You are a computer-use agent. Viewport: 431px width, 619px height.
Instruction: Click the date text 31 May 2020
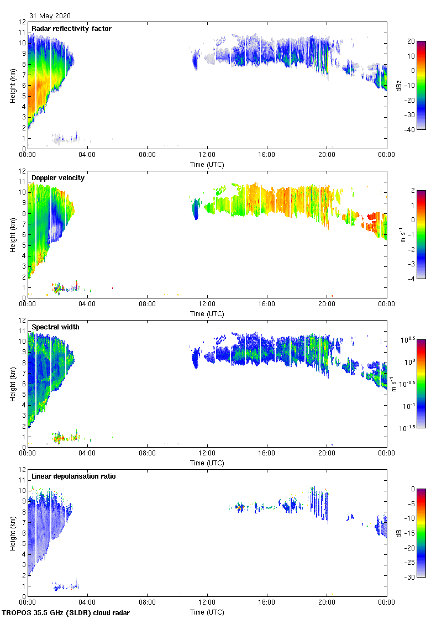(50, 16)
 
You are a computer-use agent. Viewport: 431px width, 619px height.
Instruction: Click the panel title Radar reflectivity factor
(72, 28)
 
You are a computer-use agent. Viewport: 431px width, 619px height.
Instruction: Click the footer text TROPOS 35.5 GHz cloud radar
(66, 612)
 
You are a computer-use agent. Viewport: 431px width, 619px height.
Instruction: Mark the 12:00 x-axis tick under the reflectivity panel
(207, 155)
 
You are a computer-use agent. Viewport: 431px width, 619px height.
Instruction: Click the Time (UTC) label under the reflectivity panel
(207, 164)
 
